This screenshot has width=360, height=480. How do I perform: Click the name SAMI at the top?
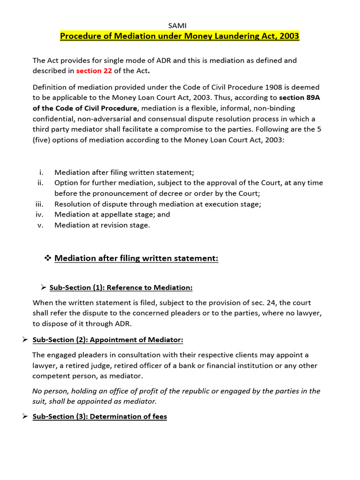[180, 25]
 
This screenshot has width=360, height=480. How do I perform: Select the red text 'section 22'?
[94, 71]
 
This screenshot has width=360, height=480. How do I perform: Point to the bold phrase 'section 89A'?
[300, 97]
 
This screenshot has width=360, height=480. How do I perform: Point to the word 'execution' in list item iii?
[225, 204]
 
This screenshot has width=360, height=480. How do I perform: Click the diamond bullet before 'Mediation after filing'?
[47, 258]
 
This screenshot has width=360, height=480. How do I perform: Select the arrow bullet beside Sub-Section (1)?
[44, 287]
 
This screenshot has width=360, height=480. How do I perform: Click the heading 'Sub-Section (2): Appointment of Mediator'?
[107, 339]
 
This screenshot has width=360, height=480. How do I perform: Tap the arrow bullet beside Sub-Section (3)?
[26, 416]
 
